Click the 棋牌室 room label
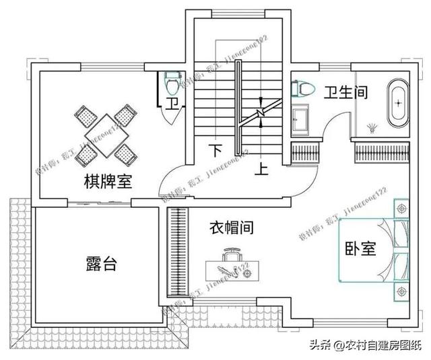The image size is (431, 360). (108, 182)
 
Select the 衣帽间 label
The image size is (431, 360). (230, 228)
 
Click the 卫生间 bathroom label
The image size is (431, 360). (345, 93)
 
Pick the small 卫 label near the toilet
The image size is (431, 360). (173, 104)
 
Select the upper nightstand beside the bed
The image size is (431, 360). (402, 210)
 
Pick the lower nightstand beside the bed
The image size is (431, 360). (402, 291)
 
